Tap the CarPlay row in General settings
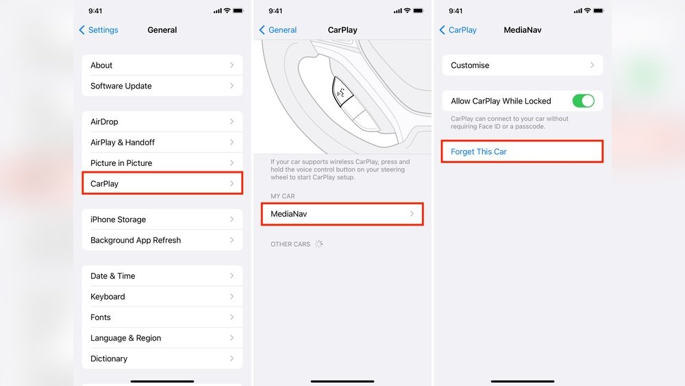pos(162,184)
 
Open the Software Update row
pos(162,86)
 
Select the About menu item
pos(162,65)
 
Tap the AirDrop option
pos(162,121)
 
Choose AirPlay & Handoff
pos(162,142)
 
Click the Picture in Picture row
pos(162,163)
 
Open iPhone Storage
pos(162,219)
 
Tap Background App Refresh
pos(162,240)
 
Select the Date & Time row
pos(162,276)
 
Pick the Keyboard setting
pos(162,296)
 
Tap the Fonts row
pos(162,317)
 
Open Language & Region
pos(162,338)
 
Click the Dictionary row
pos(162,359)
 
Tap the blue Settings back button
pos(99,29)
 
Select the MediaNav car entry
pos(342,214)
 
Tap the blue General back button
pos(278,29)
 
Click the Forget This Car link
pos(479,152)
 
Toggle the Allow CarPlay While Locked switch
pos(583,101)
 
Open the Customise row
pos(523,65)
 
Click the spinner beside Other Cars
pos(319,244)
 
